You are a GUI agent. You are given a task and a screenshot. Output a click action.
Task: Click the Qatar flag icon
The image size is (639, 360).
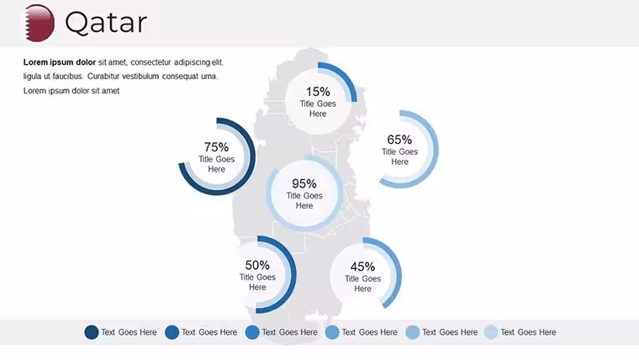coord(40,23)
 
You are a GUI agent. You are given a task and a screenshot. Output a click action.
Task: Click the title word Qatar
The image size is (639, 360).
coord(106,23)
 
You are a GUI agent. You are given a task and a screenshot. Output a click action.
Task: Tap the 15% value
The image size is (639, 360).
coord(318,92)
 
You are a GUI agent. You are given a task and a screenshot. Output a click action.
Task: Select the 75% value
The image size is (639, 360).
coord(216,146)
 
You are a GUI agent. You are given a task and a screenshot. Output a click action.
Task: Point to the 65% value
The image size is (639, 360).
coord(399,140)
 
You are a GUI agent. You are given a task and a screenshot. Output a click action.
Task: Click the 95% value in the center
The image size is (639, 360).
coord(304,183)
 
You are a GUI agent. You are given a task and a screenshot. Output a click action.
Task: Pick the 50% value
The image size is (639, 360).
coord(257,265)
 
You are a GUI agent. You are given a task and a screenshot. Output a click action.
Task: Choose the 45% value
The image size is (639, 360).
coord(362,267)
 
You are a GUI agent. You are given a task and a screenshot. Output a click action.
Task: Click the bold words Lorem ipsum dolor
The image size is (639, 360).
coord(60,62)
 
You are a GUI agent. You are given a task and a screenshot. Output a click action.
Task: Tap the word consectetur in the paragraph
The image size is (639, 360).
coord(151,62)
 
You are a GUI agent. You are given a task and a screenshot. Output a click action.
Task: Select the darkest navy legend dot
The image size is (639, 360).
coord(92,332)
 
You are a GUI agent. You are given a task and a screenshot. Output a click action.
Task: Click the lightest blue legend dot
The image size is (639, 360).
coord(491,332)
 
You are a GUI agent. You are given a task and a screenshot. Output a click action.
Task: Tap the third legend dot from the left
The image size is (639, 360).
coord(252,332)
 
